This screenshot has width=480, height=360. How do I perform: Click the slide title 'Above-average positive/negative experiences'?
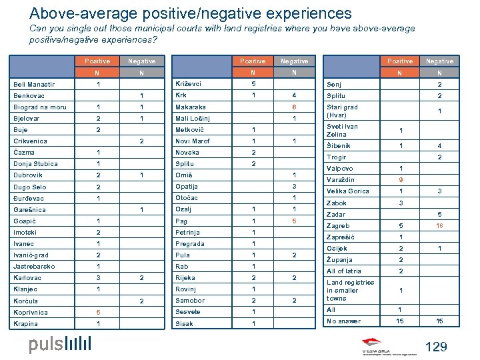(x=190, y=13)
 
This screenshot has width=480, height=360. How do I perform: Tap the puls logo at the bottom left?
(x=59, y=344)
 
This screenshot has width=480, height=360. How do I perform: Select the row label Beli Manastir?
(x=34, y=85)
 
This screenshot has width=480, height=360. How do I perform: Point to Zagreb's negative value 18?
(x=439, y=227)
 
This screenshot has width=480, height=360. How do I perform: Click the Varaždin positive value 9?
(x=401, y=180)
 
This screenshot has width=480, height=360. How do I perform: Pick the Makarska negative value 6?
(x=294, y=107)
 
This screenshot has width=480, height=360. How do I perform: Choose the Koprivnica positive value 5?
(x=98, y=312)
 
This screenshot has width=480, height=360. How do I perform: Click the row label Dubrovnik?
(x=28, y=175)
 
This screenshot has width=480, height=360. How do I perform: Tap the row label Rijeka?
(x=185, y=278)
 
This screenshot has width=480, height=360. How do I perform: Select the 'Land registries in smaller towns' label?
(x=350, y=291)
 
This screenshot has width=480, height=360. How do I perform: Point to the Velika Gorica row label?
(x=347, y=191)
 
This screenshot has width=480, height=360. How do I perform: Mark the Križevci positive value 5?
(x=253, y=84)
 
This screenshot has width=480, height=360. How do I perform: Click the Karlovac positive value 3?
(x=98, y=278)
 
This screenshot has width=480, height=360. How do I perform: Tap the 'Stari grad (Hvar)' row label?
(x=342, y=111)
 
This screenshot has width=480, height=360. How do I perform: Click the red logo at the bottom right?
(x=385, y=349)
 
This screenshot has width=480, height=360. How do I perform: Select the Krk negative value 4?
(x=294, y=95)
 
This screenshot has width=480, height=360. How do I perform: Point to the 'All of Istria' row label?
(x=344, y=271)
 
